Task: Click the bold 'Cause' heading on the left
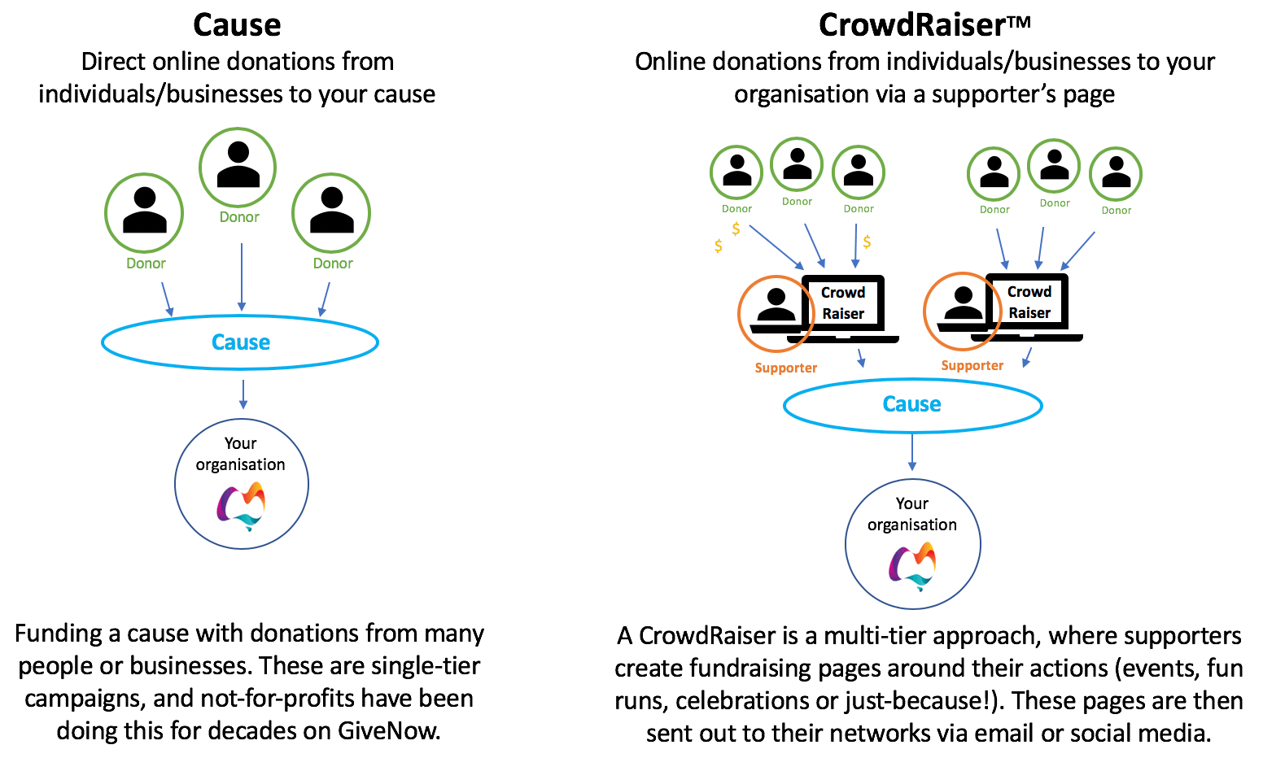point(237,25)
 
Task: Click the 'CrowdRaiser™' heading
point(924,25)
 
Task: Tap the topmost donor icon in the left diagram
point(238,167)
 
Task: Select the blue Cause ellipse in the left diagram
point(240,342)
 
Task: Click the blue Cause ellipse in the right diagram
point(912,404)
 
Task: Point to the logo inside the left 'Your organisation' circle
point(242,506)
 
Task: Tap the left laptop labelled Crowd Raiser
point(843,304)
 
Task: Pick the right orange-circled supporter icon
point(962,311)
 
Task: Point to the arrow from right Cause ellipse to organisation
point(912,452)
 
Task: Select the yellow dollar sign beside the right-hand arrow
point(867,242)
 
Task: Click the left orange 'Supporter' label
point(785,368)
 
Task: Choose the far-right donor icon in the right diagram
point(1116,173)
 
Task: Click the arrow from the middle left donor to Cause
point(242,277)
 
